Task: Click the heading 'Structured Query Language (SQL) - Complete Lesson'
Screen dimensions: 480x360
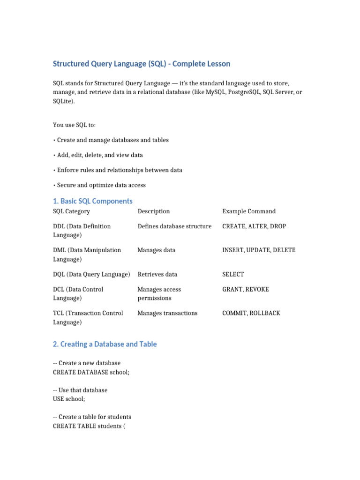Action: pos(142,64)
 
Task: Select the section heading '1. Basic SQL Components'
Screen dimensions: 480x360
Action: pos(93,201)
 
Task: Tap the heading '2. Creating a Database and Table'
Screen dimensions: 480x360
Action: pos(105,344)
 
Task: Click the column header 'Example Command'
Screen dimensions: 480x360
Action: pos(249,211)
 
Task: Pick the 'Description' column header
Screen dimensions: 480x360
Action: pos(154,211)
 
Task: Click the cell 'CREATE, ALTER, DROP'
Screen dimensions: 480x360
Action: pos(254,226)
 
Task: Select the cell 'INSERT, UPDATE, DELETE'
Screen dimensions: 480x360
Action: pos(259,250)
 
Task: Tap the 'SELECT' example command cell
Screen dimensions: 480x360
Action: pos(233,274)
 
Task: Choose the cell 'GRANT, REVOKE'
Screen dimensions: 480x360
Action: pos(246,289)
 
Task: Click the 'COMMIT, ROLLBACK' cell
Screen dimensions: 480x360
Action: pos(251,313)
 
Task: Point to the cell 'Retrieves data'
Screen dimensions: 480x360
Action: pos(157,274)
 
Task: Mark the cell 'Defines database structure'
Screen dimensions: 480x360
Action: pos(175,226)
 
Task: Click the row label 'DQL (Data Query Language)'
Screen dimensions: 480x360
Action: pos(91,274)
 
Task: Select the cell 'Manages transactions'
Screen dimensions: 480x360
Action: pos(167,313)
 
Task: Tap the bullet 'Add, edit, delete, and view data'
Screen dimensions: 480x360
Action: pos(98,155)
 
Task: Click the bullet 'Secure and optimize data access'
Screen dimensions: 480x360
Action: pos(100,185)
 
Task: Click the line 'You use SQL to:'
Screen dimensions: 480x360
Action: pos(75,125)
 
